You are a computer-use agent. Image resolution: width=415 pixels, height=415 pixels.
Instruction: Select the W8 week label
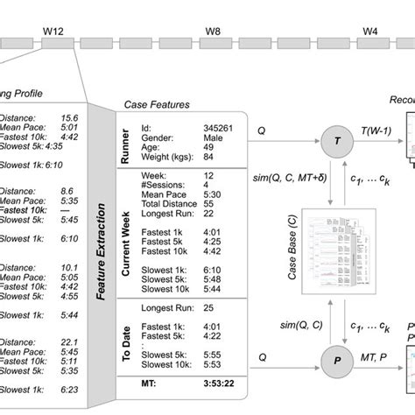click(x=213, y=32)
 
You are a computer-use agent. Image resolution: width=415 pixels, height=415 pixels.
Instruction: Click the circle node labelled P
click(x=335, y=358)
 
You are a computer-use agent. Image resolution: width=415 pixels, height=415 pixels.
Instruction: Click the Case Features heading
click(x=158, y=105)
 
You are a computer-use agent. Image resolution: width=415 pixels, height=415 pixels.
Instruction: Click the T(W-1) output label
click(x=373, y=130)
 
